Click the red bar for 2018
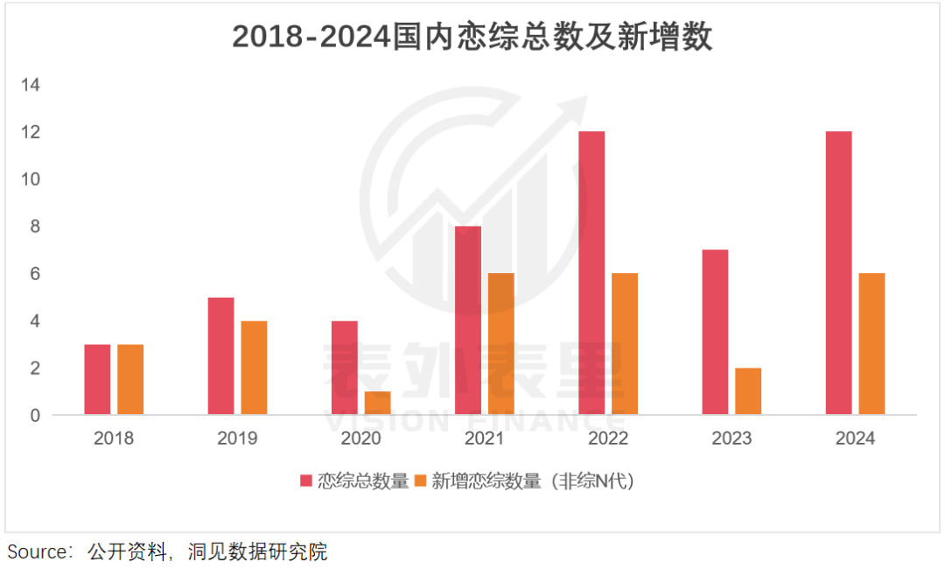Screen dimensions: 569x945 [x=97, y=379]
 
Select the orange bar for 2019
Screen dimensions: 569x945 [x=254, y=368]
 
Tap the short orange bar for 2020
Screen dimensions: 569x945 [x=377, y=403]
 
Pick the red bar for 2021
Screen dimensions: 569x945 [x=468, y=320]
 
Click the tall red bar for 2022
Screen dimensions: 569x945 [x=591, y=273]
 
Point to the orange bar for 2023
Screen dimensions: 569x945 [x=748, y=391]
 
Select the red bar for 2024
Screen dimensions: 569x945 [x=838, y=273]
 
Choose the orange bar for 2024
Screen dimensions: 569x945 [x=871, y=344]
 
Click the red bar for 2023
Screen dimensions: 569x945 [x=715, y=332]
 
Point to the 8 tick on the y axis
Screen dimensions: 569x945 [x=36, y=227]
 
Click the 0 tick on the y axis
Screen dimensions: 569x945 [x=36, y=416]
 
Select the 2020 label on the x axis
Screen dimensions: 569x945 [x=360, y=439]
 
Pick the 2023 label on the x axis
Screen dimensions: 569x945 [x=731, y=439]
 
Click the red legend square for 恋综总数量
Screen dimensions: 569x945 [x=306, y=481]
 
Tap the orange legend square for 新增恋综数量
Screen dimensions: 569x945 [x=420, y=481]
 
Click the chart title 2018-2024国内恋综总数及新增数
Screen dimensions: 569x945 [x=472, y=38]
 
